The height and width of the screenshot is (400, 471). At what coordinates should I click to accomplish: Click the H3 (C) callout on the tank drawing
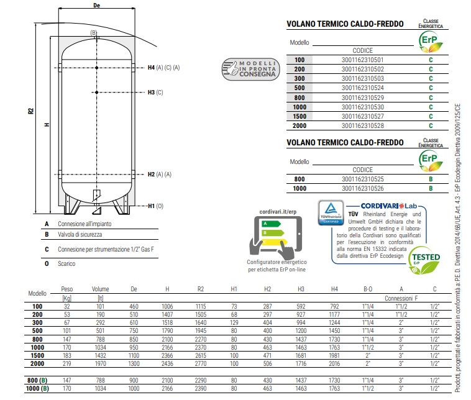[x=155, y=93]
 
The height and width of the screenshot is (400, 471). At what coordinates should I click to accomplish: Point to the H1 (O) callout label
[x=155, y=206]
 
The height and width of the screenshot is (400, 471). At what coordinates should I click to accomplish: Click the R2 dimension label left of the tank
[x=30, y=112]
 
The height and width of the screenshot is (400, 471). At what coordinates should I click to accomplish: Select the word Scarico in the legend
[x=67, y=264]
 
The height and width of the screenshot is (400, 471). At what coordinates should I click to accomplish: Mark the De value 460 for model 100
[x=134, y=307]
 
